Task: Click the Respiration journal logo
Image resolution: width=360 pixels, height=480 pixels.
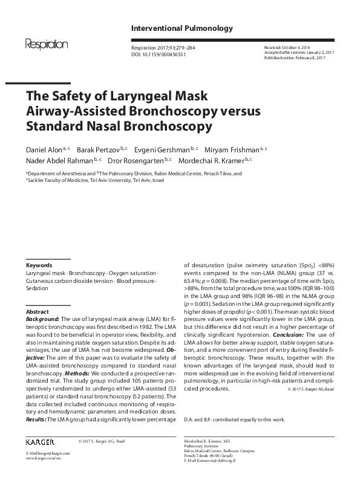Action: click(46, 44)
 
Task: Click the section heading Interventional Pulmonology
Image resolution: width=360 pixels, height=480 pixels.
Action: click(182, 28)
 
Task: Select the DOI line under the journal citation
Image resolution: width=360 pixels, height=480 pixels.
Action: click(159, 53)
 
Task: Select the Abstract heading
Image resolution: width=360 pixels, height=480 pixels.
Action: click(38, 311)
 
